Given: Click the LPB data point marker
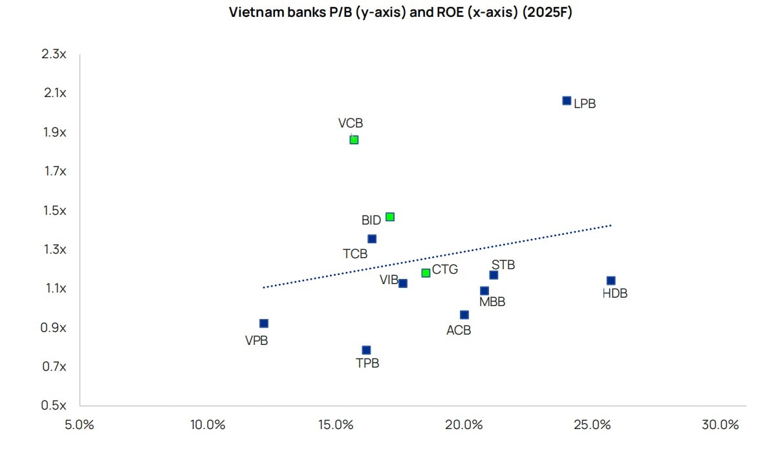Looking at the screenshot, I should pos(567,100).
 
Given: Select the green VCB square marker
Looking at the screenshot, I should pos(354,139).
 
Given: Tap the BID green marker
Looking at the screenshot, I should pos(390,217).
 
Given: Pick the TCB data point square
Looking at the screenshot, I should pos(372,239).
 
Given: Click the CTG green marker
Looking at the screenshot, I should pos(426,272).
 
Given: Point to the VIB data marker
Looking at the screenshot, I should pos(403,283).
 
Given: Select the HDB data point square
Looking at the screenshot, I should pos(611,280).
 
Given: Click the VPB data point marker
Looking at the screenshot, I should pos(263,323).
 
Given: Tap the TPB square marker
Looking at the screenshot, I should pos(366,350).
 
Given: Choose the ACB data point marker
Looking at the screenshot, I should pos(464,315).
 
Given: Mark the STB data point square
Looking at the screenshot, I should pos(494,275).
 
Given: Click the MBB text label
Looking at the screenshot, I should pos(492,302).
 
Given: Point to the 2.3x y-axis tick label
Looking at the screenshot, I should pos(54,54).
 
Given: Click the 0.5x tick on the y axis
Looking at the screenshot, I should pos(54,406).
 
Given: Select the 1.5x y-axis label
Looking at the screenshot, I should pos(54,210).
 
